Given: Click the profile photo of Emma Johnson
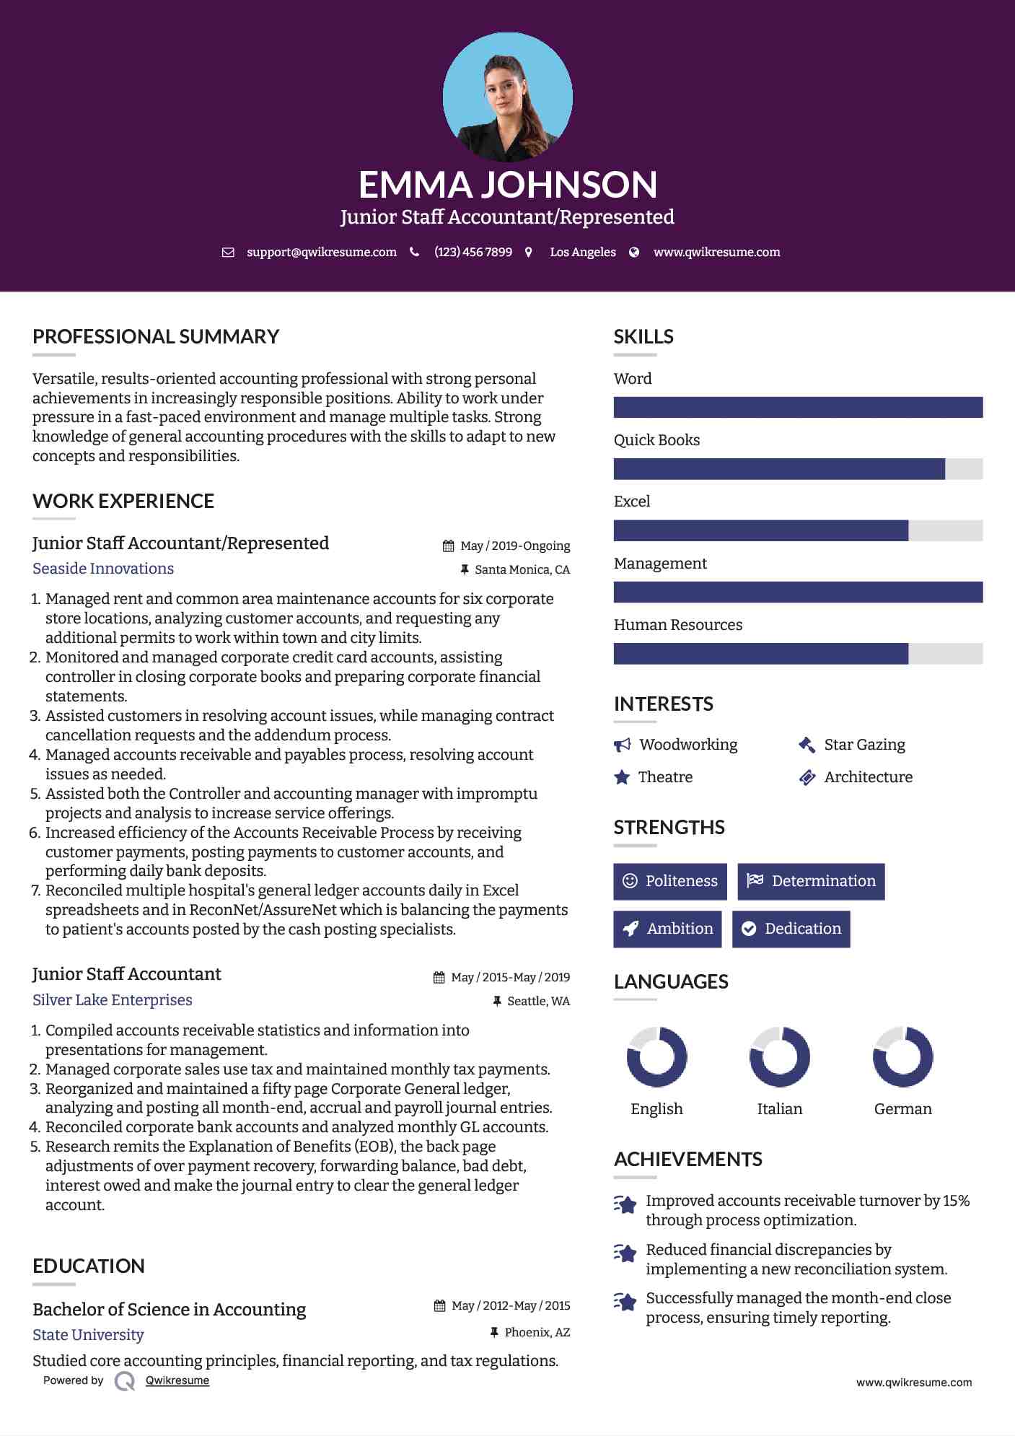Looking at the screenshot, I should click(507, 97).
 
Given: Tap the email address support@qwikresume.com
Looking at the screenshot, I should click(321, 253).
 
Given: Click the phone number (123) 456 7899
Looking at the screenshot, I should click(473, 253).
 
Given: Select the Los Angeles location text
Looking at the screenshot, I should click(582, 253).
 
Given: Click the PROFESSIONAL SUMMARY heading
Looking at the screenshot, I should click(156, 337).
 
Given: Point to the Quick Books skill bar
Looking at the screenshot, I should click(797, 469).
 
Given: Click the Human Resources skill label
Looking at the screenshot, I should click(677, 625).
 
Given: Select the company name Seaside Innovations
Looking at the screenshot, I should click(103, 569).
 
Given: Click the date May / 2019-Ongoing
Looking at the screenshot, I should click(514, 546).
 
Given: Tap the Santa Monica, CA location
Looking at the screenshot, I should click(522, 570).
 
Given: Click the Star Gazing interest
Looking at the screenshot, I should click(864, 745).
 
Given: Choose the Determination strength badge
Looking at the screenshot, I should click(811, 881).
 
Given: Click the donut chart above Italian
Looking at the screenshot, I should click(779, 1057).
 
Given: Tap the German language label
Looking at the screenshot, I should click(902, 1109).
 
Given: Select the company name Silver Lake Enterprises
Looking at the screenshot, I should click(112, 1000).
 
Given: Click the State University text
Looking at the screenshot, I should click(88, 1335).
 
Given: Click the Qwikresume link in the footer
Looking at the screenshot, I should click(177, 1380).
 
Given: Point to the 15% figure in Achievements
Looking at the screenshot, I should click(956, 1201).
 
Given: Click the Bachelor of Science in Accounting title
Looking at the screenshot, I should click(169, 1310).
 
